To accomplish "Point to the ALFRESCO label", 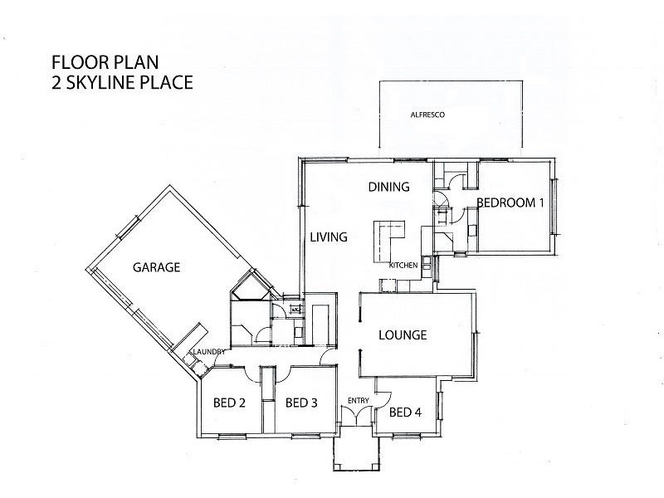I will (x=428, y=115).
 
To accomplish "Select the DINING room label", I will (x=388, y=187).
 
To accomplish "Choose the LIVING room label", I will (x=328, y=237).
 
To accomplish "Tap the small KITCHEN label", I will (x=403, y=265).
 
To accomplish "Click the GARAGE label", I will (x=156, y=267).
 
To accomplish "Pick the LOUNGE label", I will (x=402, y=335).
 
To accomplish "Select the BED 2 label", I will (x=230, y=403).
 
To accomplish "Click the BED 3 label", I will (x=300, y=403).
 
